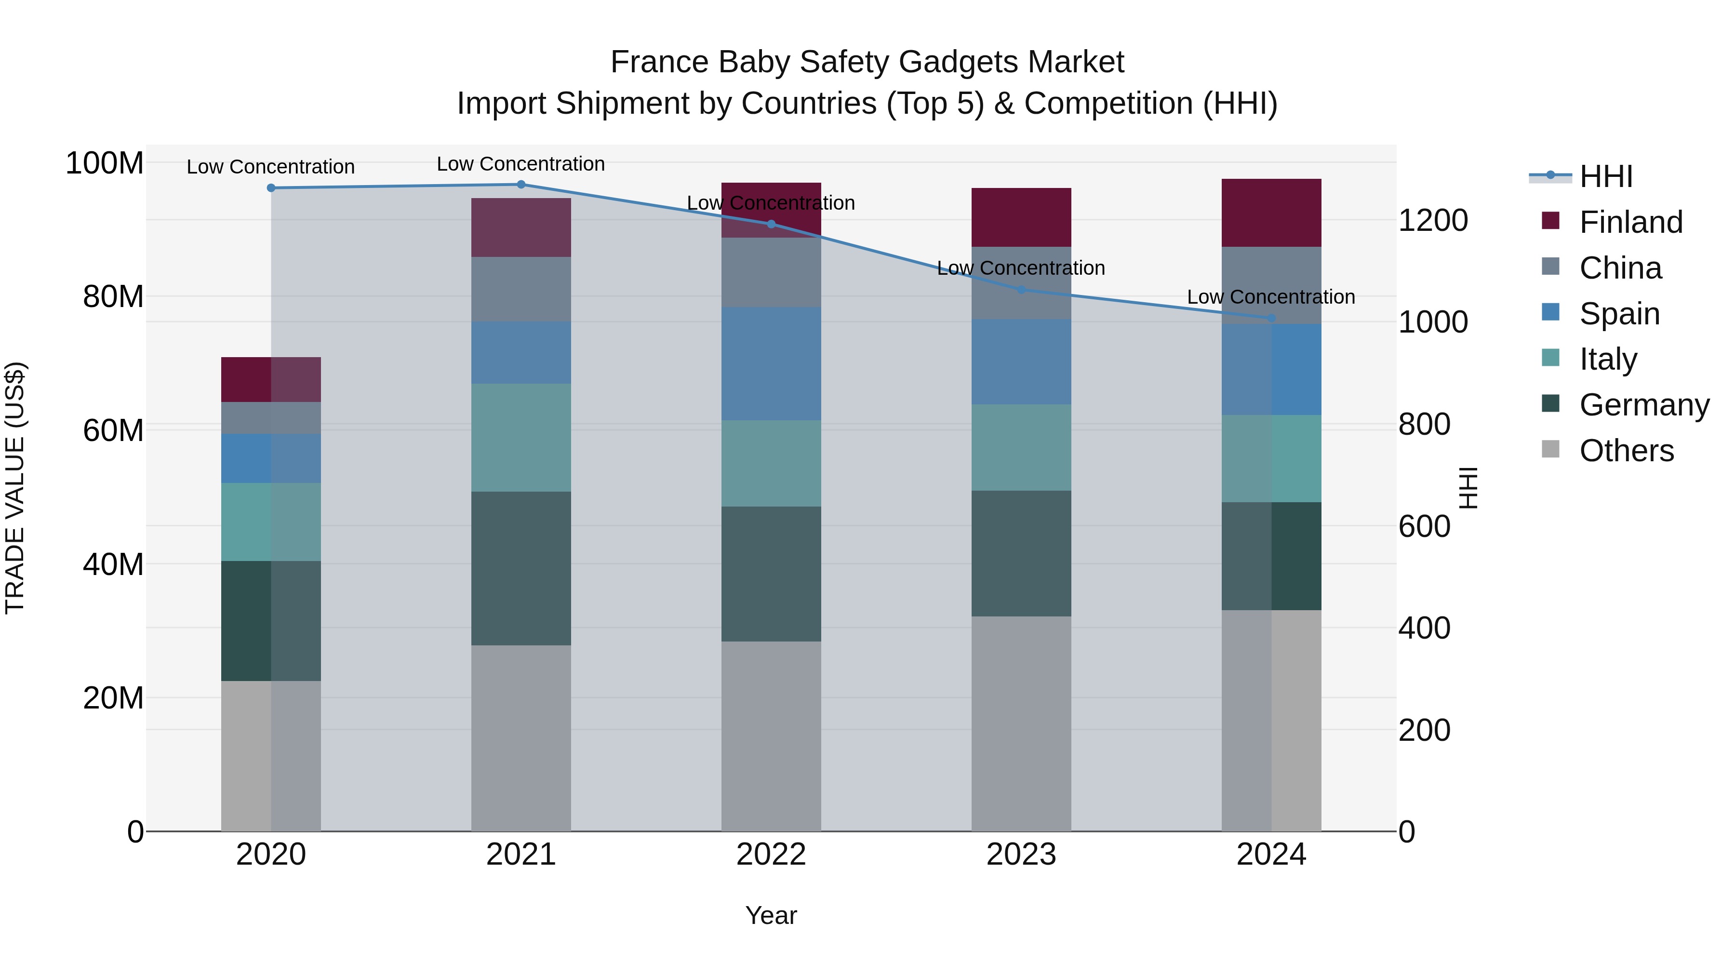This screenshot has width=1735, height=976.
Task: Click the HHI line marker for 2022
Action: [771, 224]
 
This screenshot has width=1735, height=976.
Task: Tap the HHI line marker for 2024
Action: [1271, 318]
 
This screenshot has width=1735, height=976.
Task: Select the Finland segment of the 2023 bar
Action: [1021, 217]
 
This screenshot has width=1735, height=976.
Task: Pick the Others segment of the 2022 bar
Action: [771, 735]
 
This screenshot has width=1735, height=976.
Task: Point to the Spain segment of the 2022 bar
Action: [771, 364]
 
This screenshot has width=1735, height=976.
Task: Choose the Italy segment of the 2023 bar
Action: [1021, 447]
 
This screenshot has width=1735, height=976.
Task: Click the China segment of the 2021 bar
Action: [520, 289]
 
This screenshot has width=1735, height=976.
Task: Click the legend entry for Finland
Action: [1630, 222]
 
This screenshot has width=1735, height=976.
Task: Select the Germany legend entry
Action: [1643, 405]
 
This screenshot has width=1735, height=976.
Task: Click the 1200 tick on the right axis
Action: [1433, 220]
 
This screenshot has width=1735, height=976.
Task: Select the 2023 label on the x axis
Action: [1021, 855]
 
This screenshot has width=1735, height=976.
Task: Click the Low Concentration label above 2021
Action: [520, 164]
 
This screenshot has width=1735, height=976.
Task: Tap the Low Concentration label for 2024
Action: [1271, 297]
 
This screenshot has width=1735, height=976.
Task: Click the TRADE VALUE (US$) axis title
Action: [15, 488]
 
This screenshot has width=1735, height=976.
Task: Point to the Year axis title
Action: [771, 915]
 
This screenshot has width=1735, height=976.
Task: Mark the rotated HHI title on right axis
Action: [1468, 488]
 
